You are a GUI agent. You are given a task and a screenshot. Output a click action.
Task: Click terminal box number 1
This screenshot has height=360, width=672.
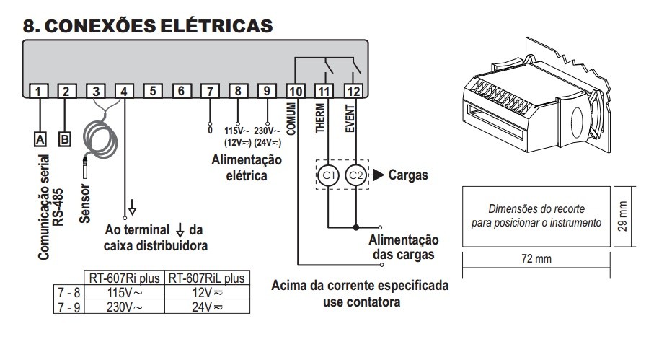[40, 91]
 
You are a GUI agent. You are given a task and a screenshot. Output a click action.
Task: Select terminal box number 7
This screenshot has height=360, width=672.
[210, 91]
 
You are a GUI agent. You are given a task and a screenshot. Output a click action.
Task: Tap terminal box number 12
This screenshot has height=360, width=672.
[353, 91]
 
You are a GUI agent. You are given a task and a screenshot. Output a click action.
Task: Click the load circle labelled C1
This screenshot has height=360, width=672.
[329, 175]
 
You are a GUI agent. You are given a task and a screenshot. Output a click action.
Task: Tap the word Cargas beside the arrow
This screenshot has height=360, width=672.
[408, 175]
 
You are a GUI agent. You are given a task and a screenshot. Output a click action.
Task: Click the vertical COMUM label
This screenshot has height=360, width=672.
[293, 119]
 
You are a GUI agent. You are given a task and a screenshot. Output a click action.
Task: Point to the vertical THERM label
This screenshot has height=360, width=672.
[322, 119]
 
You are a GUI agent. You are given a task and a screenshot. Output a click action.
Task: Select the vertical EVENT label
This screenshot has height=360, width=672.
[350, 119]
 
